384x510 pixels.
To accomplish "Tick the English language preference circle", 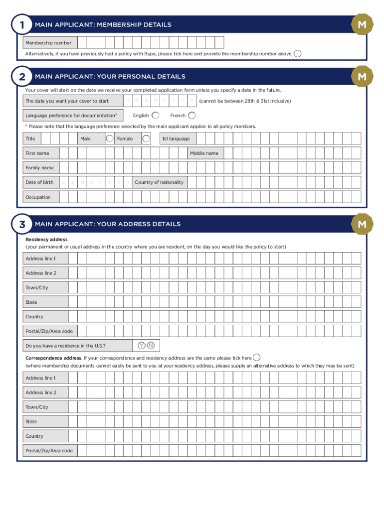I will (156, 116).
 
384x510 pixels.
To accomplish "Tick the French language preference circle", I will (192, 116).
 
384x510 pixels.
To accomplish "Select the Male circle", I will (109, 138).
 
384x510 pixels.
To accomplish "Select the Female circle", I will (146, 138).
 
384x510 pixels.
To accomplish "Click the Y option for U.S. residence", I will (142, 346).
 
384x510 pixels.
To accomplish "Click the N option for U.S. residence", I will (151, 346).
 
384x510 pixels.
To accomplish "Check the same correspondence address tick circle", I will (257, 358).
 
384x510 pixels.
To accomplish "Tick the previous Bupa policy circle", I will (298, 53).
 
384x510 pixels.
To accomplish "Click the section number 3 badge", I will (21, 225).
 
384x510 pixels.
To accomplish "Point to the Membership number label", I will (48, 43).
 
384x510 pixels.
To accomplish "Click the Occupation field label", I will (38, 197).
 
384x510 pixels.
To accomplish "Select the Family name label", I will (39, 168).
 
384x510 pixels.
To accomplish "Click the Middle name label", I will (203, 153).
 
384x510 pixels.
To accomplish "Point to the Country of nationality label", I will (159, 182).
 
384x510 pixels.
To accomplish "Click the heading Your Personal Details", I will (110, 77).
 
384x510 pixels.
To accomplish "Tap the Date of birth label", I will (39, 182).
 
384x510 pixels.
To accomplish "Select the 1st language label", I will (176, 138).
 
